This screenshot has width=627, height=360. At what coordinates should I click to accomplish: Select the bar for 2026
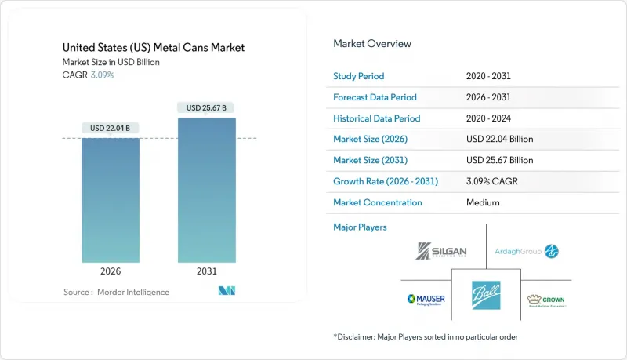tap(111, 200)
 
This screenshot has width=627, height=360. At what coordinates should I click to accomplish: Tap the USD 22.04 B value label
tap(111, 128)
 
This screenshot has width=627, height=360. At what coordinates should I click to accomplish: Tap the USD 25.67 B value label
tap(206, 107)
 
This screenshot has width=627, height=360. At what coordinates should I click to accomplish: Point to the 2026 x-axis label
tap(111, 272)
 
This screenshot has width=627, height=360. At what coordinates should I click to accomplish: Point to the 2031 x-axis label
tap(206, 272)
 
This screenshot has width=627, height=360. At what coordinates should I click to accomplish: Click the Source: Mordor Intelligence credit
tap(117, 293)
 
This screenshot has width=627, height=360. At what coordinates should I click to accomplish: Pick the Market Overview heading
tap(372, 44)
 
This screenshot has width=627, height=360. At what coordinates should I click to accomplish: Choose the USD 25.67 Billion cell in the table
tap(499, 160)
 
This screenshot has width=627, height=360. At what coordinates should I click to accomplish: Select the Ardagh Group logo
tap(527, 251)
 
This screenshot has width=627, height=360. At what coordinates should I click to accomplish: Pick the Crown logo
tap(547, 300)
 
